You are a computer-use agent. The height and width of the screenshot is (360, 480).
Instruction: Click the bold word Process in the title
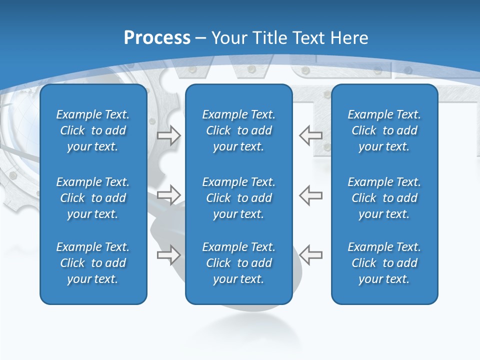click(157, 38)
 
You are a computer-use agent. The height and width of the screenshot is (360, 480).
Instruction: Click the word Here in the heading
click(348, 38)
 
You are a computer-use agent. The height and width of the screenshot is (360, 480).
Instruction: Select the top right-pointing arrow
click(168, 135)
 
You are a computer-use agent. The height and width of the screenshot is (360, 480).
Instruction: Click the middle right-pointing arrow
click(168, 195)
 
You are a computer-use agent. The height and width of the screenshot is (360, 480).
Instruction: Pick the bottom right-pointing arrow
click(168, 254)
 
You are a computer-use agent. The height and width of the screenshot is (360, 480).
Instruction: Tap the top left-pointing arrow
click(310, 135)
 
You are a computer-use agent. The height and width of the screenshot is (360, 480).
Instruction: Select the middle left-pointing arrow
click(310, 195)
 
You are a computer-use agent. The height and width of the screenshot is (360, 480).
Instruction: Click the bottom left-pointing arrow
click(310, 254)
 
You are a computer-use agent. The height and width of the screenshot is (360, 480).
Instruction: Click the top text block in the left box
click(93, 130)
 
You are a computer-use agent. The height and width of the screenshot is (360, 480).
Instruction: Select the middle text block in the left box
click(93, 198)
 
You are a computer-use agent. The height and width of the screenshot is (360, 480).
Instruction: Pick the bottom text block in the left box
click(93, 263)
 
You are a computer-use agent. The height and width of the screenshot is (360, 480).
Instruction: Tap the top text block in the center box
click(238, 130)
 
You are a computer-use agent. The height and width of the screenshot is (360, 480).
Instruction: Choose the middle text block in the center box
click(238, 198)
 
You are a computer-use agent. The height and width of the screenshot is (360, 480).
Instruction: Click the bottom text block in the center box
click(238, 263)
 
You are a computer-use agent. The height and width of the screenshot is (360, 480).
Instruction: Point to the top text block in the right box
click(384, 130)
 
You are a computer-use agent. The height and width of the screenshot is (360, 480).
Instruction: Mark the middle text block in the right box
click(384, 198)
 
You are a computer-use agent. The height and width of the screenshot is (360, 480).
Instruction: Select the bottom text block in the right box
click(384, 263)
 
